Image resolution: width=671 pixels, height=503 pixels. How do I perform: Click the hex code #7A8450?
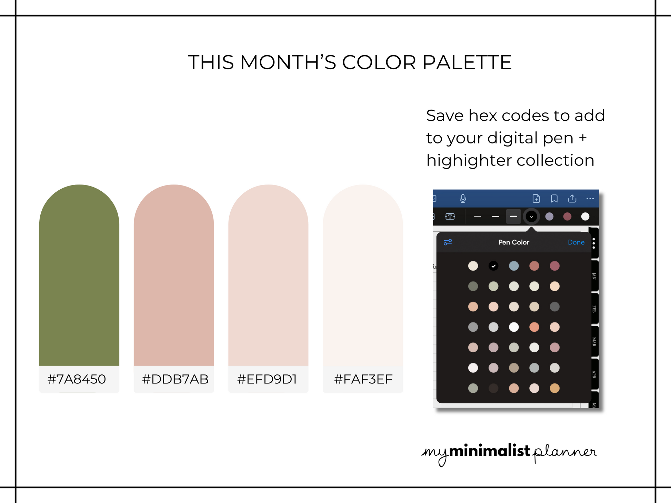(x=77, y=379)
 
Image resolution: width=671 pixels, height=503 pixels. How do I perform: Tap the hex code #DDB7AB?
(x=175, y=379)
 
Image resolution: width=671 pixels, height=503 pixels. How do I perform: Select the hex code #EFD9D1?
(x=267, y=379)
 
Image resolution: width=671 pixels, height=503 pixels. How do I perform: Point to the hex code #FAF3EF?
(x=363, y=379)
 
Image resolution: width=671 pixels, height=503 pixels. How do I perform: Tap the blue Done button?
(x=576, y=242)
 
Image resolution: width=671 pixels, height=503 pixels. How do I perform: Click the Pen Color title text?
(x=514, y=242)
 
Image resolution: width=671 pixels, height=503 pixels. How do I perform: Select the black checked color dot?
(x=493, y=266)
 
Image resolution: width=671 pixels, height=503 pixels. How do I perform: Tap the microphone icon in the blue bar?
(x=463, y=199)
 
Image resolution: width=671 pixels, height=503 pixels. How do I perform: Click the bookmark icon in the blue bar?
(x=554, y=199)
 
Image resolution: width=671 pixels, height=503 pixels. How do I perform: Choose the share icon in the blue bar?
(x=572, y=198)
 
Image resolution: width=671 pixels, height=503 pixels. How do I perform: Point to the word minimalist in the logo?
(x=490, y=451)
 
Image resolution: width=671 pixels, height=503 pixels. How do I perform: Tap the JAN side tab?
(x=594, y=276)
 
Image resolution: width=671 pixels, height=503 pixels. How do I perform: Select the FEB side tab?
(x=594, y=309)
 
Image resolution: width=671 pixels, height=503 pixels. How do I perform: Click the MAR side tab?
(x=594, y=342)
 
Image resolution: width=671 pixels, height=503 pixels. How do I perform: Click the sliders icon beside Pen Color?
(x=448, y=242)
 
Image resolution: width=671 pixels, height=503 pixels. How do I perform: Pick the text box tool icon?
(x=450, y=217)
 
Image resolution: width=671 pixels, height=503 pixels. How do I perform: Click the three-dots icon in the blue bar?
(x=590, y=199)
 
